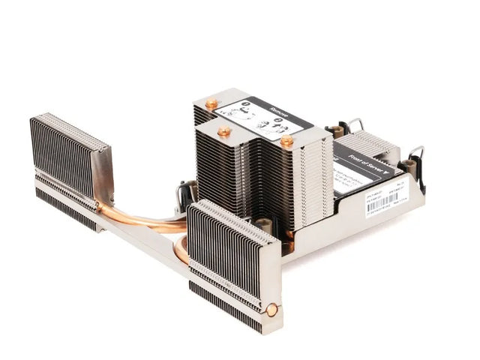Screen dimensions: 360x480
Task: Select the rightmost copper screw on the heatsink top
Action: (x=287, y=140)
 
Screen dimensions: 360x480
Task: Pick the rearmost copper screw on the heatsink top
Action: (x=212, y=103)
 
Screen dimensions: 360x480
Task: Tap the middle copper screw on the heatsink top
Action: (x=224, y=131)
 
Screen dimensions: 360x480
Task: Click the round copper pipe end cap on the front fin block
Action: (x=271, y=309)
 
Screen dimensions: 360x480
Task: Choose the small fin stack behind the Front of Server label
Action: (x=371, y=142)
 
